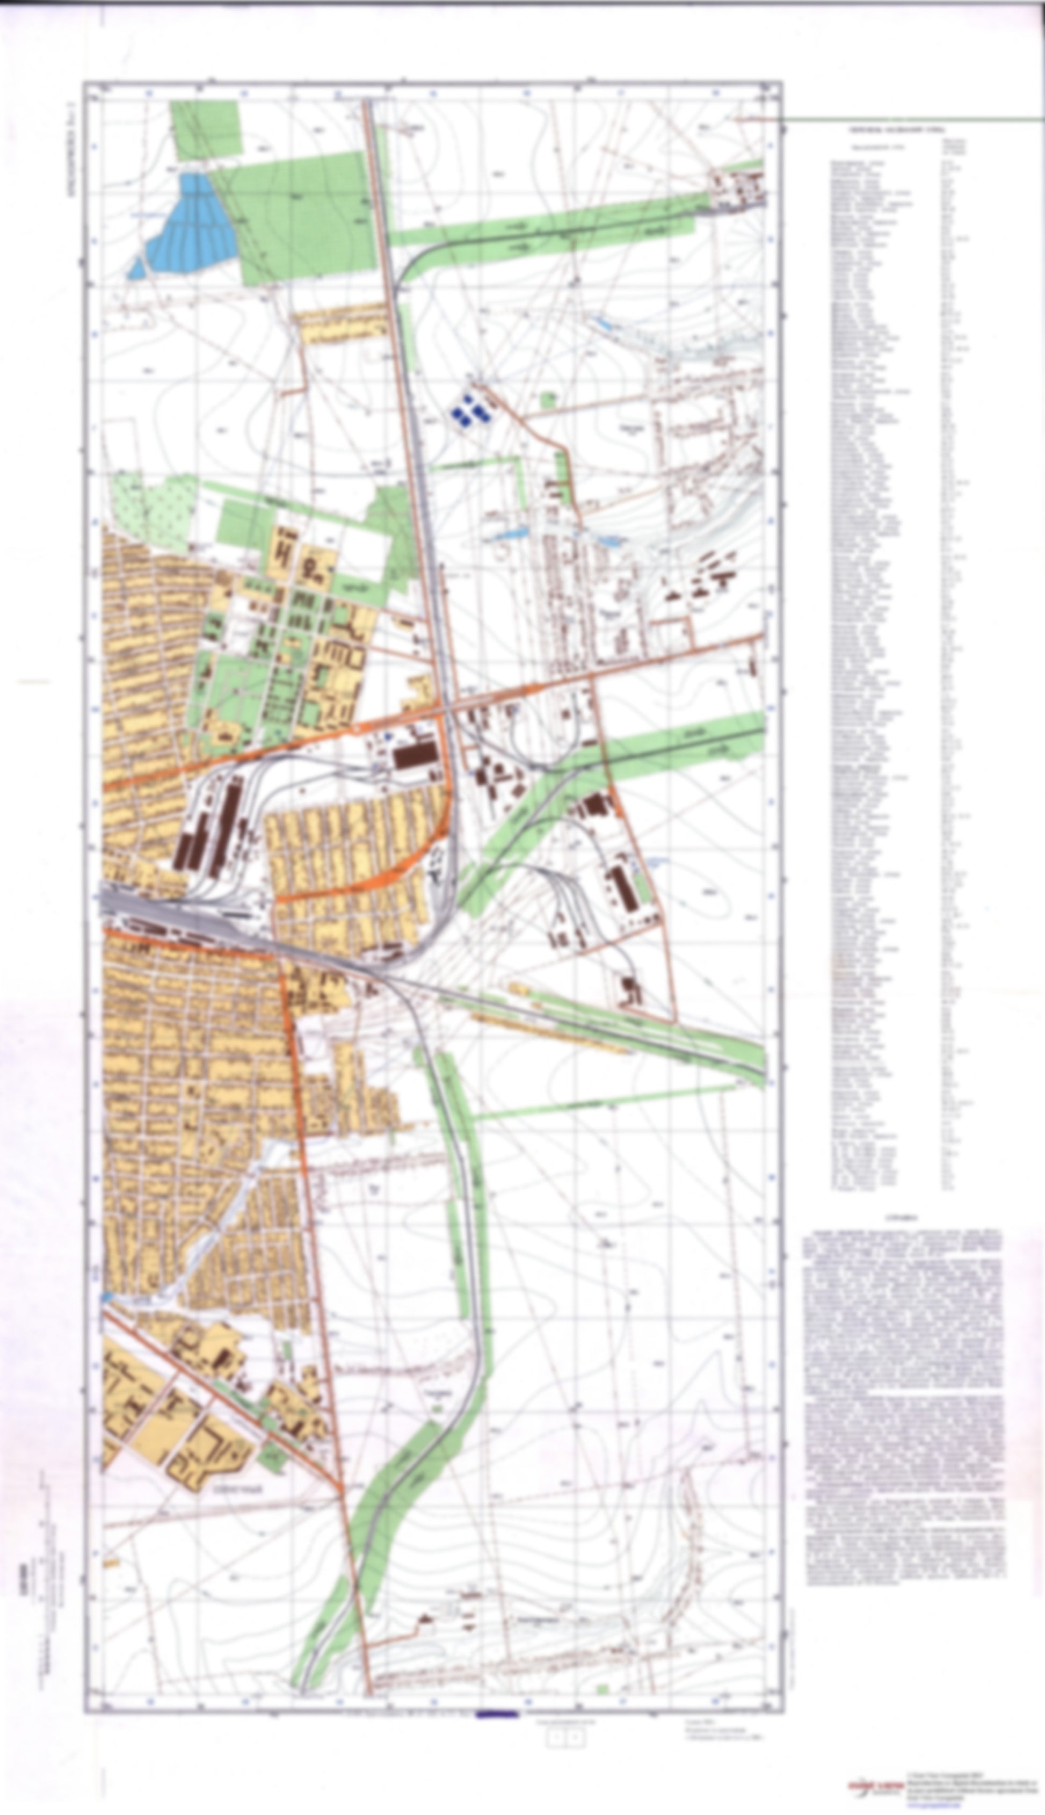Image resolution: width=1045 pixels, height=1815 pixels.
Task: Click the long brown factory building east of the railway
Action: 623,890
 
